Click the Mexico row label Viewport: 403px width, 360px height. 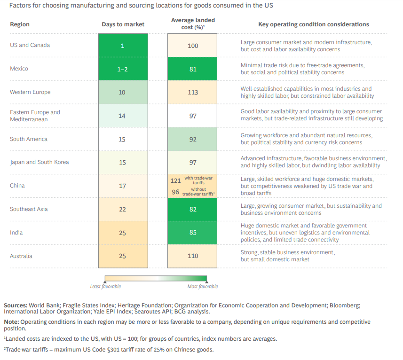pyautogui.click(x=19, y=69)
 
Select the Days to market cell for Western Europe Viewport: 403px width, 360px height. pyautogui.click(x=122, y=93)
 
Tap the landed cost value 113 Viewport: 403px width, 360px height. pyautogui.click(x=193, y=93)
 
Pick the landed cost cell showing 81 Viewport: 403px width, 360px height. pyautogui.click(x=193, y=69)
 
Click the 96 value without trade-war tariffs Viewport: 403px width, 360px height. pyautogui.click(x=175, y=192)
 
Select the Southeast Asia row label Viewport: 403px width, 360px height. pyautogui.click(x=29, y=209)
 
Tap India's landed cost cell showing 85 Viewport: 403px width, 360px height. pyautogui.click(x=193, y=233)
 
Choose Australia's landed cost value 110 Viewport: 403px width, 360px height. pyautogui.click(x=193, y=256)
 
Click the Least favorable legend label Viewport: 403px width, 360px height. pyautogui.click(x=105, y=286)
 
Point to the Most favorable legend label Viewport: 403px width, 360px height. pyautogui.click(x=203, y=286)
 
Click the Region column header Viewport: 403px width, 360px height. pyautogui.click(x=19, y=24)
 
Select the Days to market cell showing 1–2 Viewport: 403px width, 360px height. pyautogui.click(x=122, y=69)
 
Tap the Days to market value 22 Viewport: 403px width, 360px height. pyautogui.click(x=122, y=209)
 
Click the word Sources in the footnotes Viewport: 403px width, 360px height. pyautogui.click(x=16, y=305)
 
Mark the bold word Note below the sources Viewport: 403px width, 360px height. pyautogui.click(x=11, y=322)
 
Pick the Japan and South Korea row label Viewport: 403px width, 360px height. pyautogui.click(x=40, y=162)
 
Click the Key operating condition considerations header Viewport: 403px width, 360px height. pyautogui.click(x=314, y=24)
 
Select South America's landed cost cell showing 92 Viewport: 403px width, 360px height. pyautogui.click(x=193, y=140)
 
